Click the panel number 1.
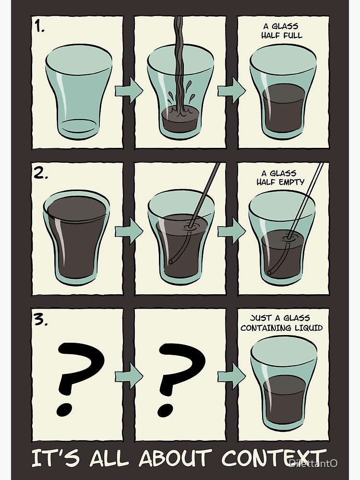tap(39, 27)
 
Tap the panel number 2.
tap(41, 174)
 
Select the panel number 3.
tap(41, 320)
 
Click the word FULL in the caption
tap(292, 36)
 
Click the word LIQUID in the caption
tap(309, 328)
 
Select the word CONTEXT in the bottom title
tap(274, 458)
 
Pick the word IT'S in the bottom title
tap(56, 458)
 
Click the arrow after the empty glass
tap(129, 90)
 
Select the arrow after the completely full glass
tap(129, 230)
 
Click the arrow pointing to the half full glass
tap(232, 90)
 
